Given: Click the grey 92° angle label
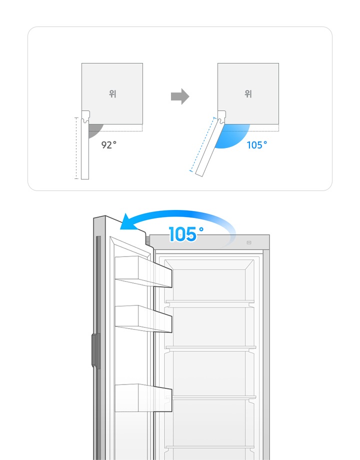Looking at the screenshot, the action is [109, 144].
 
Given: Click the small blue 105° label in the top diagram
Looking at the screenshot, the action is [256, 145].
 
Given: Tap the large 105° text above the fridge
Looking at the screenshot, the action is [186, 234].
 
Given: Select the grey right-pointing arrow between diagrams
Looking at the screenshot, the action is [180, 96].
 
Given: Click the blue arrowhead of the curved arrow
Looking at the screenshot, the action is [127, 222].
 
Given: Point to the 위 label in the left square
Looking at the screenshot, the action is [112, 94].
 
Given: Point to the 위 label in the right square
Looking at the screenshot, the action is [248, 94].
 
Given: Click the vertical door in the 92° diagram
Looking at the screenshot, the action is [85, 148].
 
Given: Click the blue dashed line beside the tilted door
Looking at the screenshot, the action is [202, 144].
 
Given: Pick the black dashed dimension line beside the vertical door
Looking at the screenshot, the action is [76, 148].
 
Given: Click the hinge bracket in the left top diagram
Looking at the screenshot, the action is [85, 116].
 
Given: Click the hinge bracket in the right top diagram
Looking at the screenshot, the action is [221, 116].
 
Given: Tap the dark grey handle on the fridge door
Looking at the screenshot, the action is [96, 350].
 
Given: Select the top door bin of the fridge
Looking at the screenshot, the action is [143, 271].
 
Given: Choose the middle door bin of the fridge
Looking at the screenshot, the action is [143, 319].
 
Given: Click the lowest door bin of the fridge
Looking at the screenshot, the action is [143, 398].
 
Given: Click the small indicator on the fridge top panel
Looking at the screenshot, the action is [249, 242].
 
